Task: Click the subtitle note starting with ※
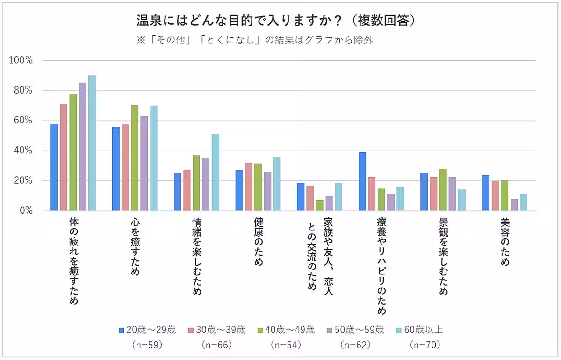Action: pos(255,40)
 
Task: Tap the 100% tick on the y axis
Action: pos(23,61)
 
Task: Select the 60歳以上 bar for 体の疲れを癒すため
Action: pos(92,143)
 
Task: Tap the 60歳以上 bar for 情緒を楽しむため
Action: pos(215,173)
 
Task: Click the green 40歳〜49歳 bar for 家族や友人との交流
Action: pos(319,205)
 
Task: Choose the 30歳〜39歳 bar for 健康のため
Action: pos(248,187)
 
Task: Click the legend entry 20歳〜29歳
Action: pos(148,330)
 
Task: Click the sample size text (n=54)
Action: pos(286,345)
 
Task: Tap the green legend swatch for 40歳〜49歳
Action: pos(261,330)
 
